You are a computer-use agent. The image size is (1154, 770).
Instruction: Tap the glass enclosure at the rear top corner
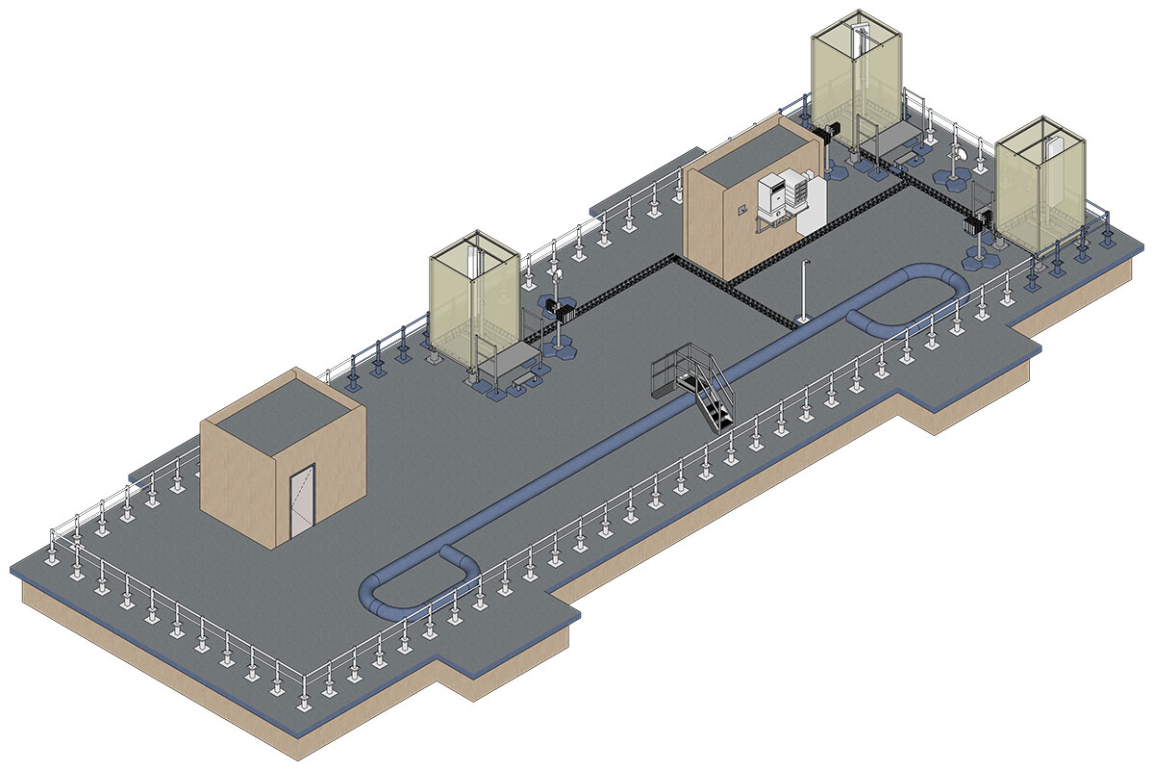pyautogui.click(x=855, y=82)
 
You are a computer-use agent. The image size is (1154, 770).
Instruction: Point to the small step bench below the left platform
pyautogui.click(x=525, y=382)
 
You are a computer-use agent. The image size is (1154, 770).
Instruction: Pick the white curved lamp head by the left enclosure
pyautogui.click(x=555, y=278)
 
